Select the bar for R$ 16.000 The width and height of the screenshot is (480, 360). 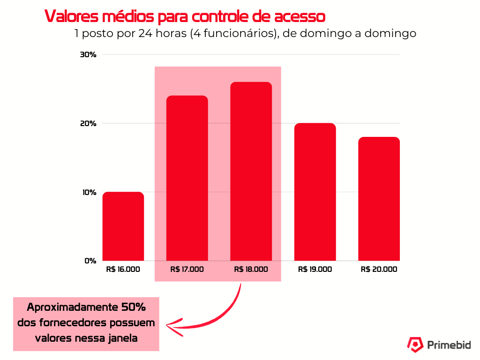pyautogui.click(x=123, y=226)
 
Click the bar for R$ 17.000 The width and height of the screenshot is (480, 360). pyautogui.click(x=187, y=178)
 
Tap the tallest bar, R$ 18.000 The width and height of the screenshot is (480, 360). pyautogui.click(x=251, y=172)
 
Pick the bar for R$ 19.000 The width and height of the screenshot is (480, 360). pyautogui.click(x=315, y=192)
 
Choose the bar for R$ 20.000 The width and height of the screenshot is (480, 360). pyautogui.click(x=379, y=199)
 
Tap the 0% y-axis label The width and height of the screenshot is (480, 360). pyautogui.click(x=90, y=261)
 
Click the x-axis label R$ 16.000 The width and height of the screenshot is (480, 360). pyautogui.click(x=123, y=270)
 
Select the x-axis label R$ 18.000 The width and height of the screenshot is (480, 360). pyautogui.click(x=251, y=270)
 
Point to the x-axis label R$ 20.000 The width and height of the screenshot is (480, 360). pyautogui.click(x=379, y=270)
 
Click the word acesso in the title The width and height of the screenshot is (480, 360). pyautogui.click(x=298, y=17)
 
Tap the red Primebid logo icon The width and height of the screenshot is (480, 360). pyautogui.click(x=414, y=345)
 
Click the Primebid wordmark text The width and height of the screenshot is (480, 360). pyautogui.click(x=449, y=345)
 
